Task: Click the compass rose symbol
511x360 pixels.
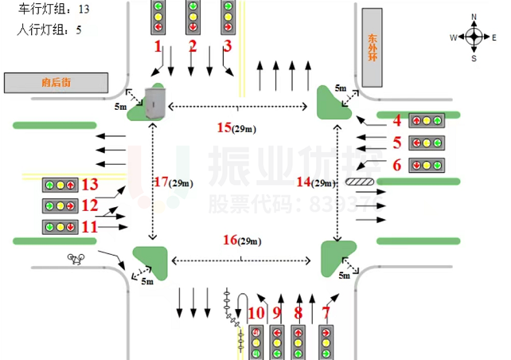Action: [474, 37]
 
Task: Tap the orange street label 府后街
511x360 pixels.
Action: [56, 82]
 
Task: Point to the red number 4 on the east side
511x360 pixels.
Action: [396, 120]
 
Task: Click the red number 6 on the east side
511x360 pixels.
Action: [396, 165]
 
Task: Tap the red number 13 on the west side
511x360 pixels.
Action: [90, 185]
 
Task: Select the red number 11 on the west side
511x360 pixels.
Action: [90, 227]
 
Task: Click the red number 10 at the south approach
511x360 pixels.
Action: [255, 313]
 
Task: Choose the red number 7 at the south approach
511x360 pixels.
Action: [325, 313]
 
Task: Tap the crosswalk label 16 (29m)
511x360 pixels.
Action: [241, 240]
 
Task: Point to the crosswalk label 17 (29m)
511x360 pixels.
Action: [173, 182]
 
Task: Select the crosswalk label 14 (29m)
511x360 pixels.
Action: [314, 182]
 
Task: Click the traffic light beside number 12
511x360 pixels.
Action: [60, 206]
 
